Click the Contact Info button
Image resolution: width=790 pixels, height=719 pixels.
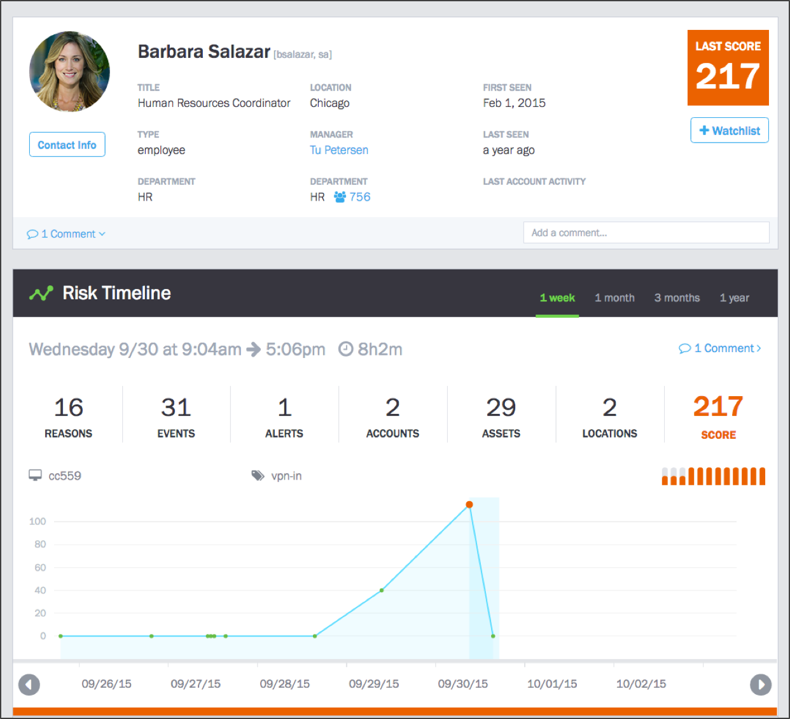(67, 145)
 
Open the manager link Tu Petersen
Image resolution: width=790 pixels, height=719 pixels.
(339, 150)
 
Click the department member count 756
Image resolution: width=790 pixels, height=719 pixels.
(359, 197)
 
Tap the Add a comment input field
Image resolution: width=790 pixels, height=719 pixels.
(646, 233)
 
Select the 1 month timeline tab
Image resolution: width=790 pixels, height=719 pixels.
(614, 298)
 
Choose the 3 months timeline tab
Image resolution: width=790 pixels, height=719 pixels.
(677, 298)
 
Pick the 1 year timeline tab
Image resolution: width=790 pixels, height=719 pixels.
(734, 298)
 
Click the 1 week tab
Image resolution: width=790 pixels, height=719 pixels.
(557, 298)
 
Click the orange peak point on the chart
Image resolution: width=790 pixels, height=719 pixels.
(469, 504)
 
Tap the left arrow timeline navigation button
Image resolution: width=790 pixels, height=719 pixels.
(29, 685)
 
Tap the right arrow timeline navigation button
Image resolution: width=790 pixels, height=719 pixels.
(761, 685)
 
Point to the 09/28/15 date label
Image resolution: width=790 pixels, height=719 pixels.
(284, 684)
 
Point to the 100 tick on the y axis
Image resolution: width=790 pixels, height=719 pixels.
(38, 522)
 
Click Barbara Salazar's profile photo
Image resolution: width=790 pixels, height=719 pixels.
(69, 71)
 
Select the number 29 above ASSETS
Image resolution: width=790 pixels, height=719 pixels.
(501, 408)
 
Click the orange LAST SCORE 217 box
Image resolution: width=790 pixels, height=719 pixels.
(728, 68)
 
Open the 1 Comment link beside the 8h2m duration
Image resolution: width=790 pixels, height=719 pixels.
(720, 348)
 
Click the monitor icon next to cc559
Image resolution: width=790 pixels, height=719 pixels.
(35, 476)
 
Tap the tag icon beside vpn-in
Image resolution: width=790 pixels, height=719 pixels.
(258, 476)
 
